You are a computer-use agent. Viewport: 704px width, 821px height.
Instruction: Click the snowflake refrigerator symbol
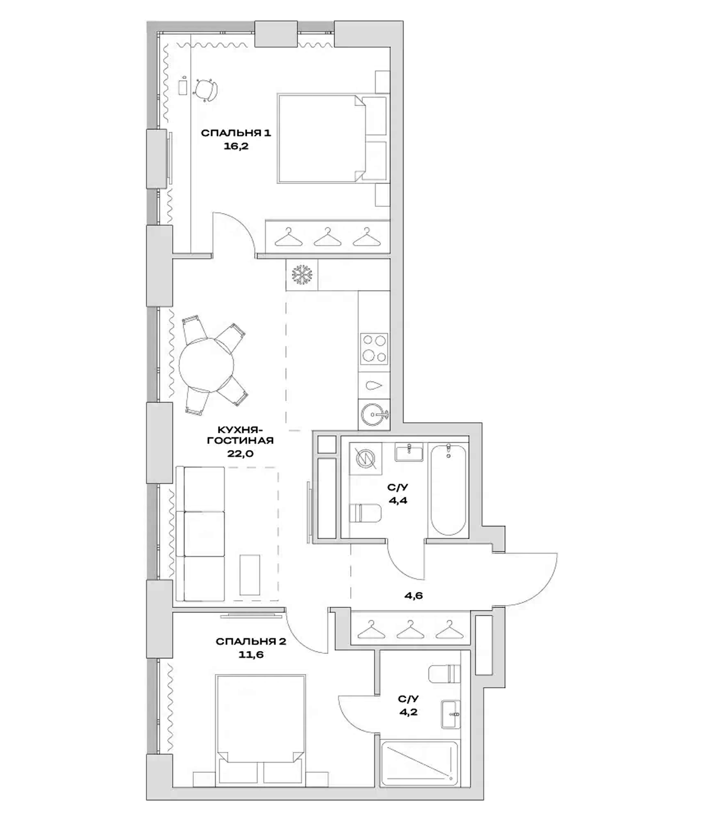click(x=302, y=274)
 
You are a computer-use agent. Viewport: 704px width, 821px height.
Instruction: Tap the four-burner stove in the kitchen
click(x=374, y=349)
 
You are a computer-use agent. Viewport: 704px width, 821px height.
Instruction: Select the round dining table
click(x=206, y=365)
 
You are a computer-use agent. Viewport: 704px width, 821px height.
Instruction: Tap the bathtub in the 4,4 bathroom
click(x=448, y=490)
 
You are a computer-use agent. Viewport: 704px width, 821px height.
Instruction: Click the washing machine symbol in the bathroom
click(x=365, y=459)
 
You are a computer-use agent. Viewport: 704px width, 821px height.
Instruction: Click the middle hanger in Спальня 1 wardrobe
click(x=327, y=237)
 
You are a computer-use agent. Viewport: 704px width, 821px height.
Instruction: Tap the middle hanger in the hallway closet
click(x=410, y=630)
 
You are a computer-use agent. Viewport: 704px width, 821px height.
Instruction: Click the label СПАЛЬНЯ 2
click(x=251, y=642)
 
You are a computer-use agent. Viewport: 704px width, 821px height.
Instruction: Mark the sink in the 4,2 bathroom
click(x=451, y=714)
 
